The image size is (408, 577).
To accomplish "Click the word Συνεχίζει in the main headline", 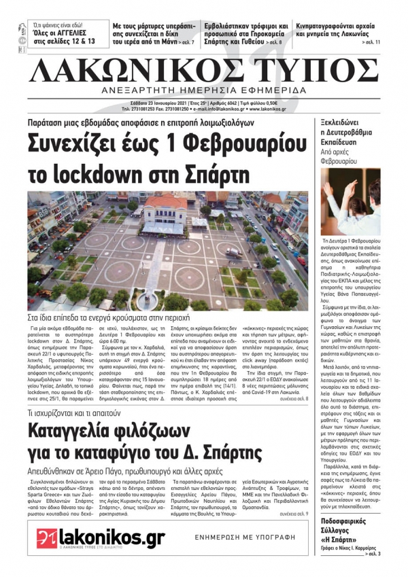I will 74,143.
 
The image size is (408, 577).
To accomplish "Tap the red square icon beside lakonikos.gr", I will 46,538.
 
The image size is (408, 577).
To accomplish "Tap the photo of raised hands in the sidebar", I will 350,201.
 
